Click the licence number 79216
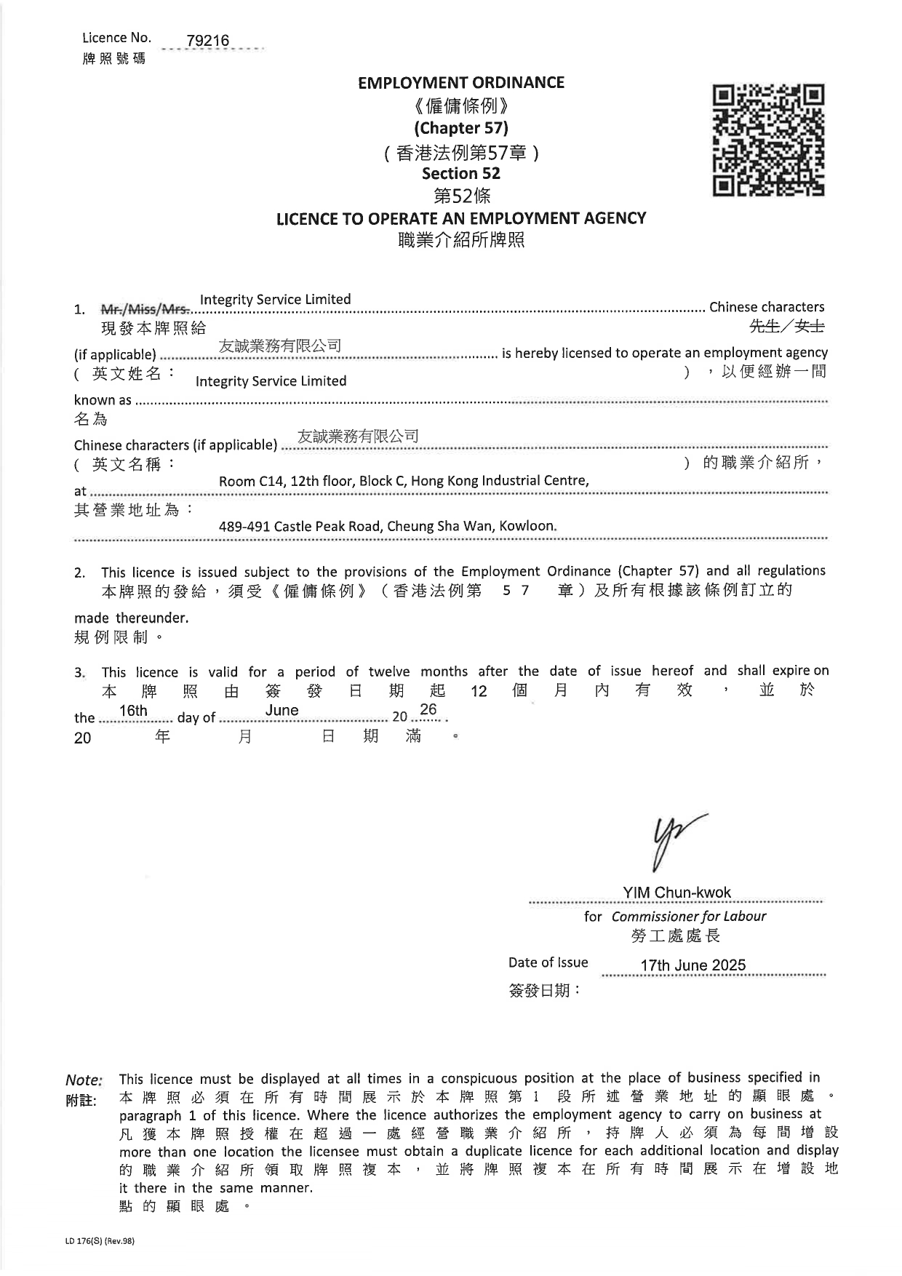(x=207, y=41)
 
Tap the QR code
(x=768, y=140)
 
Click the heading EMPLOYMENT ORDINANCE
(x=460, y=83)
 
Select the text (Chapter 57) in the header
(x=460, y=129)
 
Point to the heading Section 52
(x=460, y=174)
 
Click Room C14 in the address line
(x=250, y=481)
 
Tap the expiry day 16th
(x=133, y=711)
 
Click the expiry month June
(x=282, y=711)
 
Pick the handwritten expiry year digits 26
(x=428, y=709)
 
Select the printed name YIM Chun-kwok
(x=676, y=893)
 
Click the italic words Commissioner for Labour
(x=688, y=917)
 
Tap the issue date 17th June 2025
(x=693, y=965)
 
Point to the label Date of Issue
(x=548, y=962)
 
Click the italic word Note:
(x=84, y=1080)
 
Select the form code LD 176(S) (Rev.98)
(x=100, y=1242)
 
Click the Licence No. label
(x=116, y=38)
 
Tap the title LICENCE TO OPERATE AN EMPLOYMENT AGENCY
(x=460, y=218)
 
